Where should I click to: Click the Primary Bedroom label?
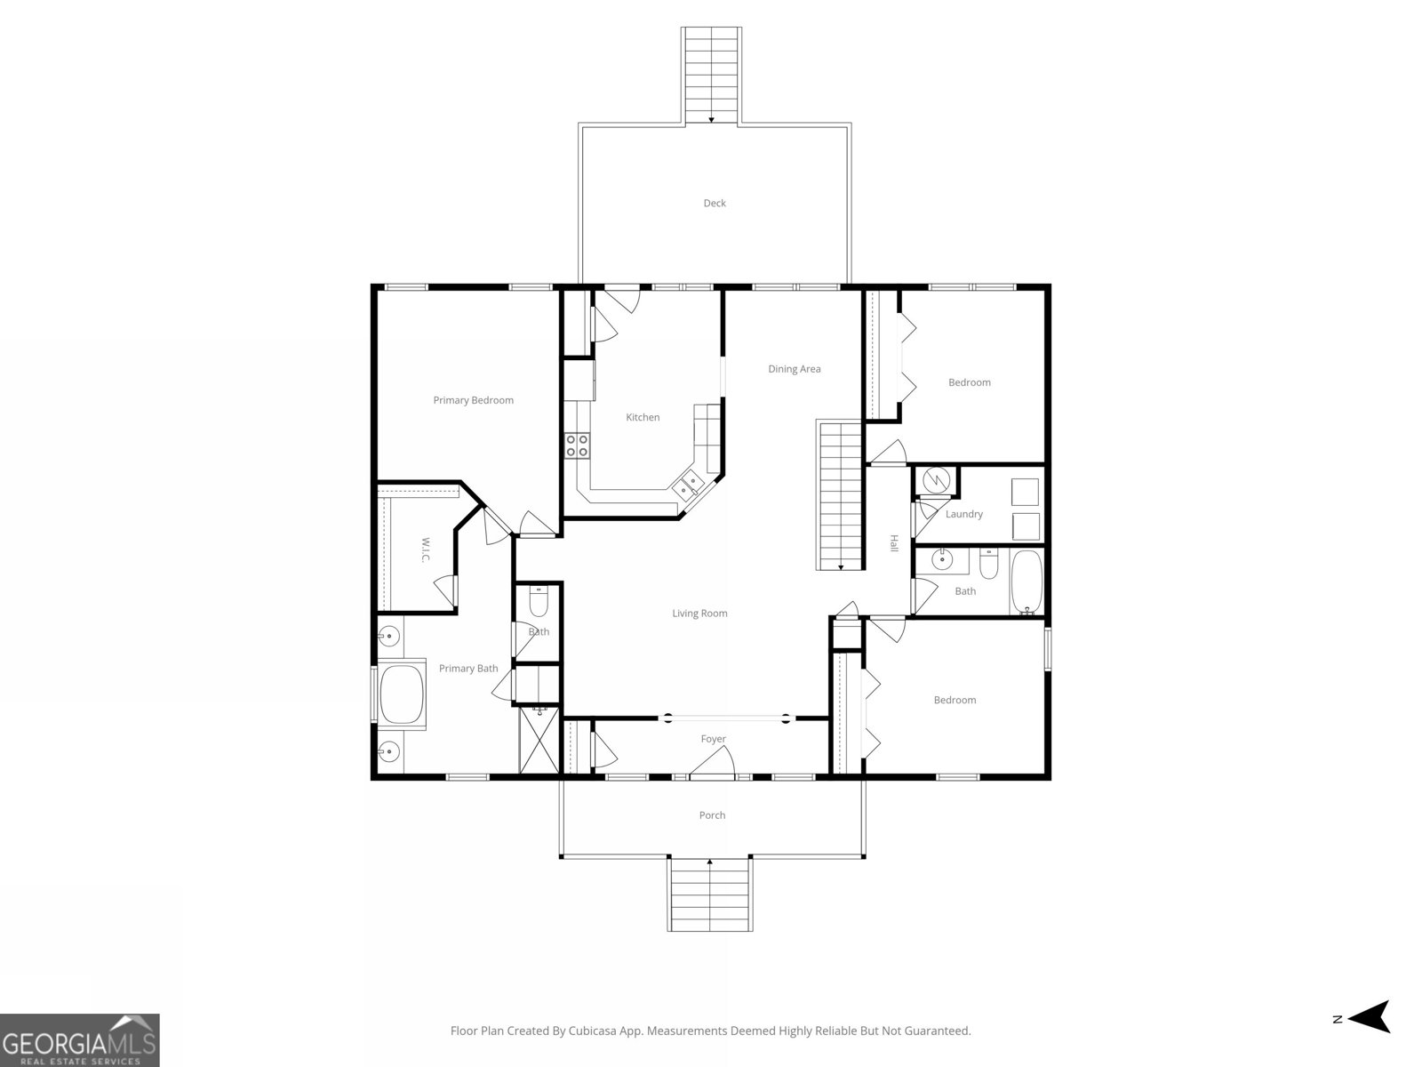click(473, 400)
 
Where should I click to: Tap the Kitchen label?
click(643, 417)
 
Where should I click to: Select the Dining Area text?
click(794, 369)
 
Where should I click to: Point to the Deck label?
click(715, 204)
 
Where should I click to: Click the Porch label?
click(712, 815)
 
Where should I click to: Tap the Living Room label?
click(699, 614)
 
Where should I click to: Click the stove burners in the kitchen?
click(577, 445)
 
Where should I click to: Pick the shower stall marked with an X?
click(538, 739)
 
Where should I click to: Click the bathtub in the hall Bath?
click(1028, 583)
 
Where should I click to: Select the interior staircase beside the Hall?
click(840, 495)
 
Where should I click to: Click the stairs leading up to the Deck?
click(712, 75)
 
